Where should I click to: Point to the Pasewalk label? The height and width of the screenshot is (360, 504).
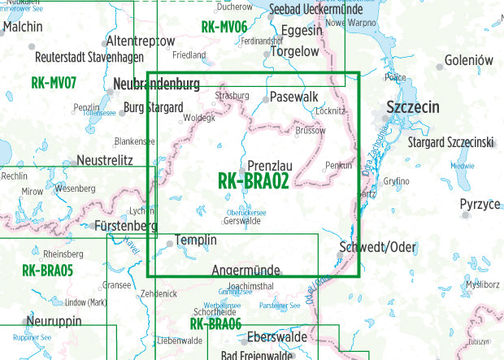(x=293, y=96)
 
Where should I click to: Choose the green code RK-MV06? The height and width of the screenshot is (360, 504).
(x=224, y=28)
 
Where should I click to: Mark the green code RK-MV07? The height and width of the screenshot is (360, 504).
(x=54, y=82)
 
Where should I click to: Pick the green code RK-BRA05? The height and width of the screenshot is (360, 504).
(x=48, y=271)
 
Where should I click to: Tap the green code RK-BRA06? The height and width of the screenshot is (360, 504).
(x=215, y=324)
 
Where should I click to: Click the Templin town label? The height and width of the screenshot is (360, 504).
(x=197, y=241)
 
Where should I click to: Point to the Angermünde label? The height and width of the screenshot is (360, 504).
(x=245, y=270)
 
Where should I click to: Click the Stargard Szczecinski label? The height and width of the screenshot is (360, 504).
(x=451, y=143)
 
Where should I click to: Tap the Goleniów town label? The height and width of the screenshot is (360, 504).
(x=469, y=61)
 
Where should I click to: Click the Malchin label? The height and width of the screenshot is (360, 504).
(x=24, y=26)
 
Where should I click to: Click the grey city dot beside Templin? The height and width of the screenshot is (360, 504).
(x=169, y=242)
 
